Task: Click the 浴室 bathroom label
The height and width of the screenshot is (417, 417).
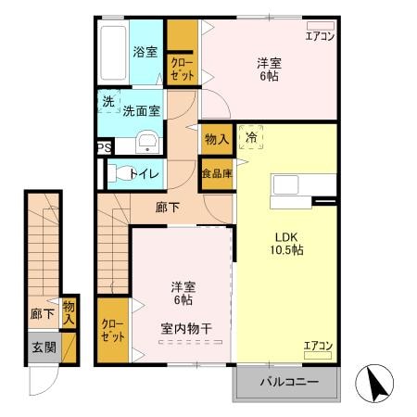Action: point(145,53)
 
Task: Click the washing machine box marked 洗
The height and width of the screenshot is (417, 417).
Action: point(107,102)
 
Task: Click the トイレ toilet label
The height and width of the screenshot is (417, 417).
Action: point(145,173)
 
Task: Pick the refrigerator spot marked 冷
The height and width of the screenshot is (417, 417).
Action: point(251,136)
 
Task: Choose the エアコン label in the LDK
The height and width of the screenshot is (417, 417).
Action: point(318,347)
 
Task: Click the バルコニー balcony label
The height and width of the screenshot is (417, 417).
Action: point(288,382)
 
